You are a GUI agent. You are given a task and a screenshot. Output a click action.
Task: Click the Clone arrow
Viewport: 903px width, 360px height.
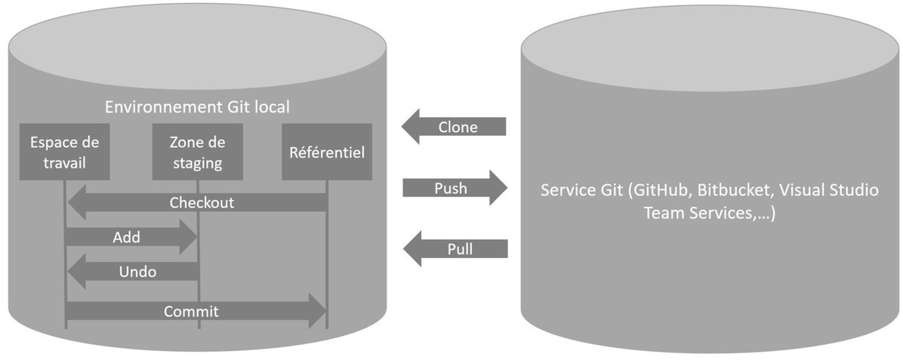[x=455, y=127]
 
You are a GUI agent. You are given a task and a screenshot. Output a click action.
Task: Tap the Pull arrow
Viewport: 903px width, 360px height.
[x=455, y=248]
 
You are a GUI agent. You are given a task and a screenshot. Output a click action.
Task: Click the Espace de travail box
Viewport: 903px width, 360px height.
[x=65, y=152]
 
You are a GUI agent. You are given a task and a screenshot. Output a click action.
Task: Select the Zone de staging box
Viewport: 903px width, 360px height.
[x=196, y=152]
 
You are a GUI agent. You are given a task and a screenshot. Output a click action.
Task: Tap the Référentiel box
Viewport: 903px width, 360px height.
[x=326, y=152]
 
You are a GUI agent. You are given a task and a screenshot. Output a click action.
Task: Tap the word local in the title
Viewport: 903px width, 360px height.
[x=270, y=107]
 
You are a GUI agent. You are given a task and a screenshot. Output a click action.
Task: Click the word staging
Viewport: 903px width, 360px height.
[x=196, y=162]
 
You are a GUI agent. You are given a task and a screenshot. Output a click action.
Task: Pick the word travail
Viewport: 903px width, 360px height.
[x=65, y=162]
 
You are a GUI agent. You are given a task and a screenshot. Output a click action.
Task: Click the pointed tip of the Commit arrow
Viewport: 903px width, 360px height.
[x=324, y=310]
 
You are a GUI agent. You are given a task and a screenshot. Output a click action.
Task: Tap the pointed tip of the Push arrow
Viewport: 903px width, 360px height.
[x=505, y=187]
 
